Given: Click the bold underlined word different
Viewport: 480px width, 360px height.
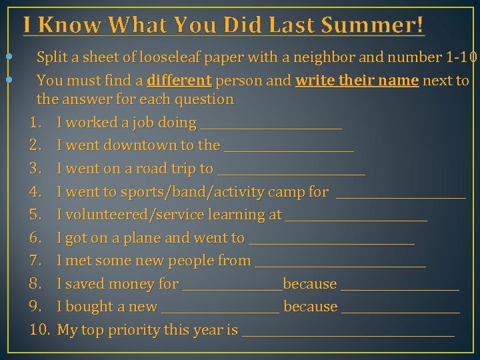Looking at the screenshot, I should pos(179,81).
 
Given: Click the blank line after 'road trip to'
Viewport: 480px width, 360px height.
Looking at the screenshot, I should pos(291,173).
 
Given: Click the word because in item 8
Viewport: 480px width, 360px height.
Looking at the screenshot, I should pos(310,284).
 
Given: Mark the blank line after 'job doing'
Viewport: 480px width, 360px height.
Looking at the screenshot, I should pos(271,127).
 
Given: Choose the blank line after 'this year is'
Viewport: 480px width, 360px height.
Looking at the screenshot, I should pos(348,334).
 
